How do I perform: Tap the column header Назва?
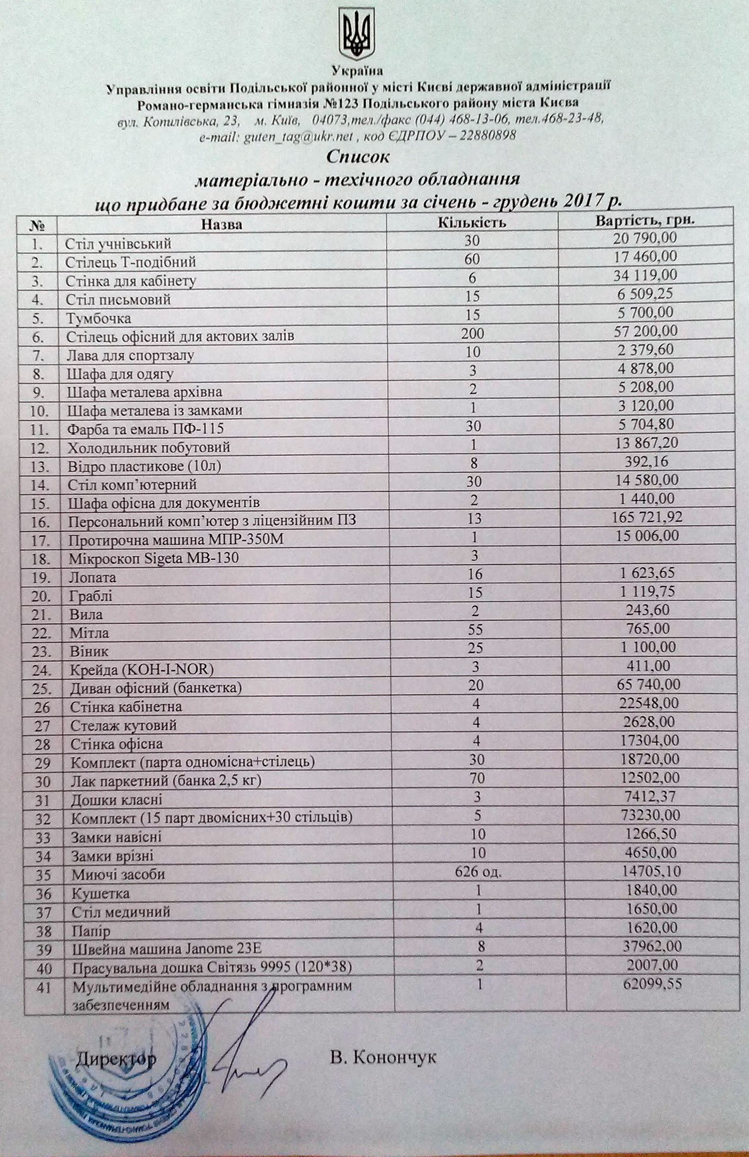click(222, 224)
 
